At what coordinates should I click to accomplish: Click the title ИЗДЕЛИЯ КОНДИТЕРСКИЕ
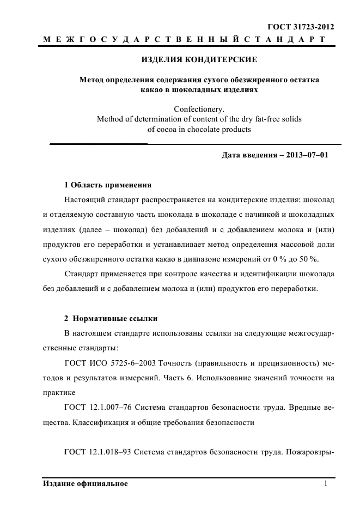coord(199,59)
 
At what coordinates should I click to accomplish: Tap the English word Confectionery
coord(199,108)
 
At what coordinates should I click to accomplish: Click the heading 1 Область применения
coord(108,185)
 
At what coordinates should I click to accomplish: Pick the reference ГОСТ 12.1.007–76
coord(98,406)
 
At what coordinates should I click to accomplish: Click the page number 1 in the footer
coord(325,484)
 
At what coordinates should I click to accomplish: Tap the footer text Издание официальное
coord(85,484)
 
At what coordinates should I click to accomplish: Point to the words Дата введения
coord(247,155)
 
